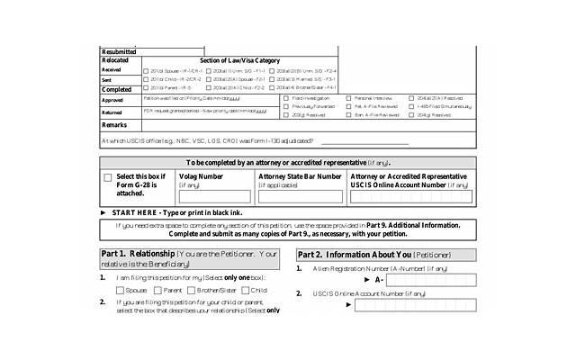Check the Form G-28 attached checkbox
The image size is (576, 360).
108,178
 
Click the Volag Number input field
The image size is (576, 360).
215,196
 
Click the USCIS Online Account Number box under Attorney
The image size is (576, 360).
409,196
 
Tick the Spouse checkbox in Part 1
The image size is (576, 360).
121,291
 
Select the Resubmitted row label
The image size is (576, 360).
120,51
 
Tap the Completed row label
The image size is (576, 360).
117,89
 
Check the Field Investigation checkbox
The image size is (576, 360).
286,96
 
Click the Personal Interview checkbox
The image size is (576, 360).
348,96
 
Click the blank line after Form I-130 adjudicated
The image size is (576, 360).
364,141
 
